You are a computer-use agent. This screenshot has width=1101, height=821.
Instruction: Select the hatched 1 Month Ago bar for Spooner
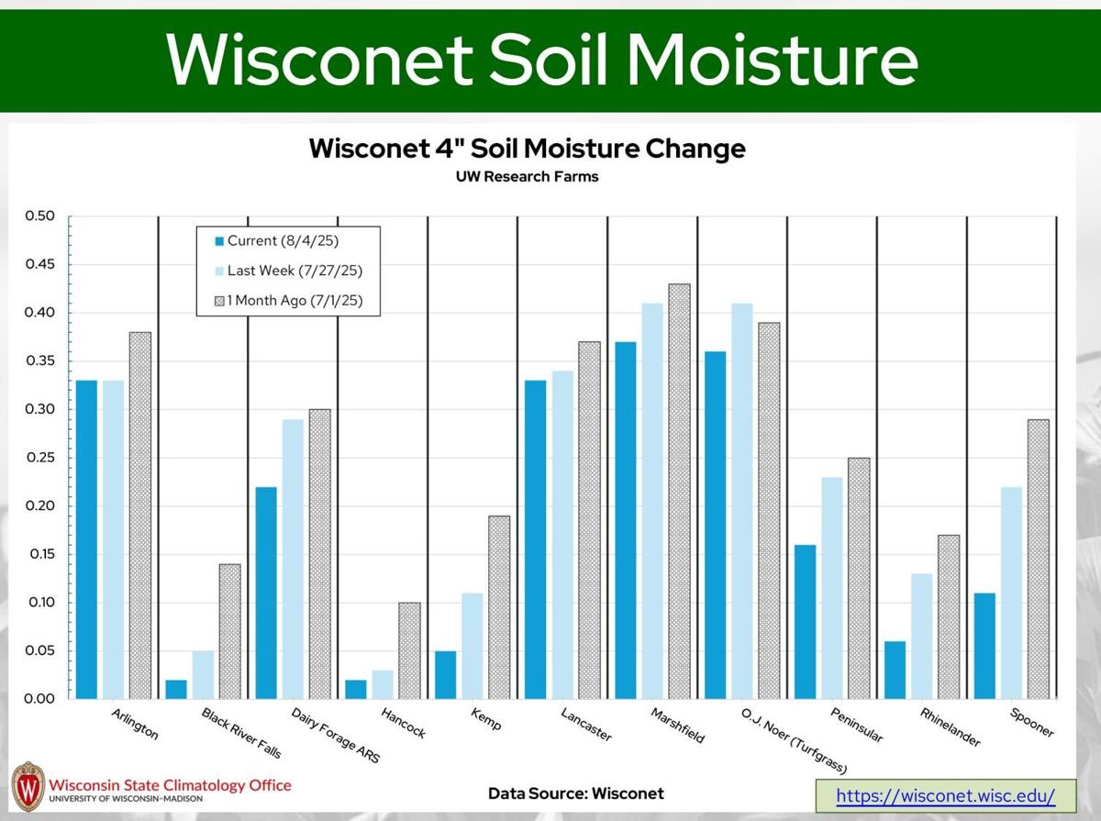1038,560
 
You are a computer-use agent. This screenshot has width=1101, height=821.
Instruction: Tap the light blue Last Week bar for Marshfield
652,501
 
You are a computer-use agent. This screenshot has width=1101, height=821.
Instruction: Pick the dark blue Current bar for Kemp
446,675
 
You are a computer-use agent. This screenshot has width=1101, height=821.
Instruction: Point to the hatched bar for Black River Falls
229,631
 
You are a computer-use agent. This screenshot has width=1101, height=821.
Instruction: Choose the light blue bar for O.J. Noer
742,501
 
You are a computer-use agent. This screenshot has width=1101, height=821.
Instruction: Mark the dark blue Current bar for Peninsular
805,622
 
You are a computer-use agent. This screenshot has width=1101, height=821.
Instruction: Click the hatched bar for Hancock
409,651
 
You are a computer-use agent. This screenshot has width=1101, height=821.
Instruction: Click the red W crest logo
28,786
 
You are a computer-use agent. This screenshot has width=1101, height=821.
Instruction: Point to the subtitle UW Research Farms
527,177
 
